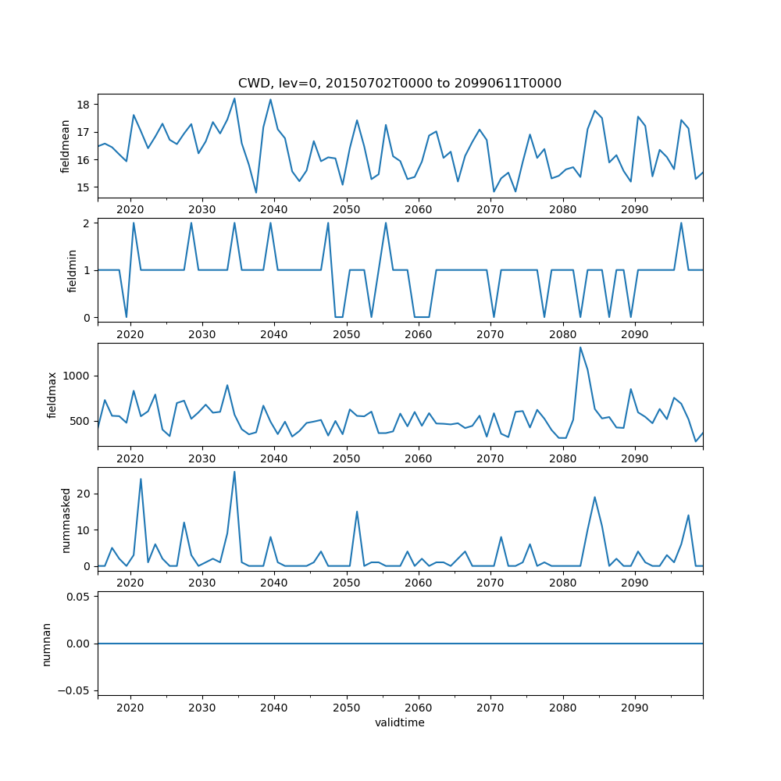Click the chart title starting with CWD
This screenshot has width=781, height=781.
(400, 84)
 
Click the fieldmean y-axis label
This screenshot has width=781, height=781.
(66, 146)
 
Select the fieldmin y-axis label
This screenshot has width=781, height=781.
(72, 270)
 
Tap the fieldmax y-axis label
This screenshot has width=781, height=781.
(52, 394)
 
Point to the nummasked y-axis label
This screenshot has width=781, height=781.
(66, 519)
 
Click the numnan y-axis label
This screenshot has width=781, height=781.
(46, 644)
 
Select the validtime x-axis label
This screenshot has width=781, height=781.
(400, 723)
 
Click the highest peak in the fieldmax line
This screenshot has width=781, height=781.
(580, 348)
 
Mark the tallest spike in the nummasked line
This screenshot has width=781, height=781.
(234, 472)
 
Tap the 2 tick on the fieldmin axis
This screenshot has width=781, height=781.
(88, 223)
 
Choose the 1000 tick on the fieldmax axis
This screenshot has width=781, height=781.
(78, 376)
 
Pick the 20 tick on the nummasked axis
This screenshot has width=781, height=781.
(84, 494)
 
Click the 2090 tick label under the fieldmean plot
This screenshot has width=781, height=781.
(634, 210)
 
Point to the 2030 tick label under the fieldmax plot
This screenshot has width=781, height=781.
(202, 458)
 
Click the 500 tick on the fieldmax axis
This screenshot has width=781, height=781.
(81, 421)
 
